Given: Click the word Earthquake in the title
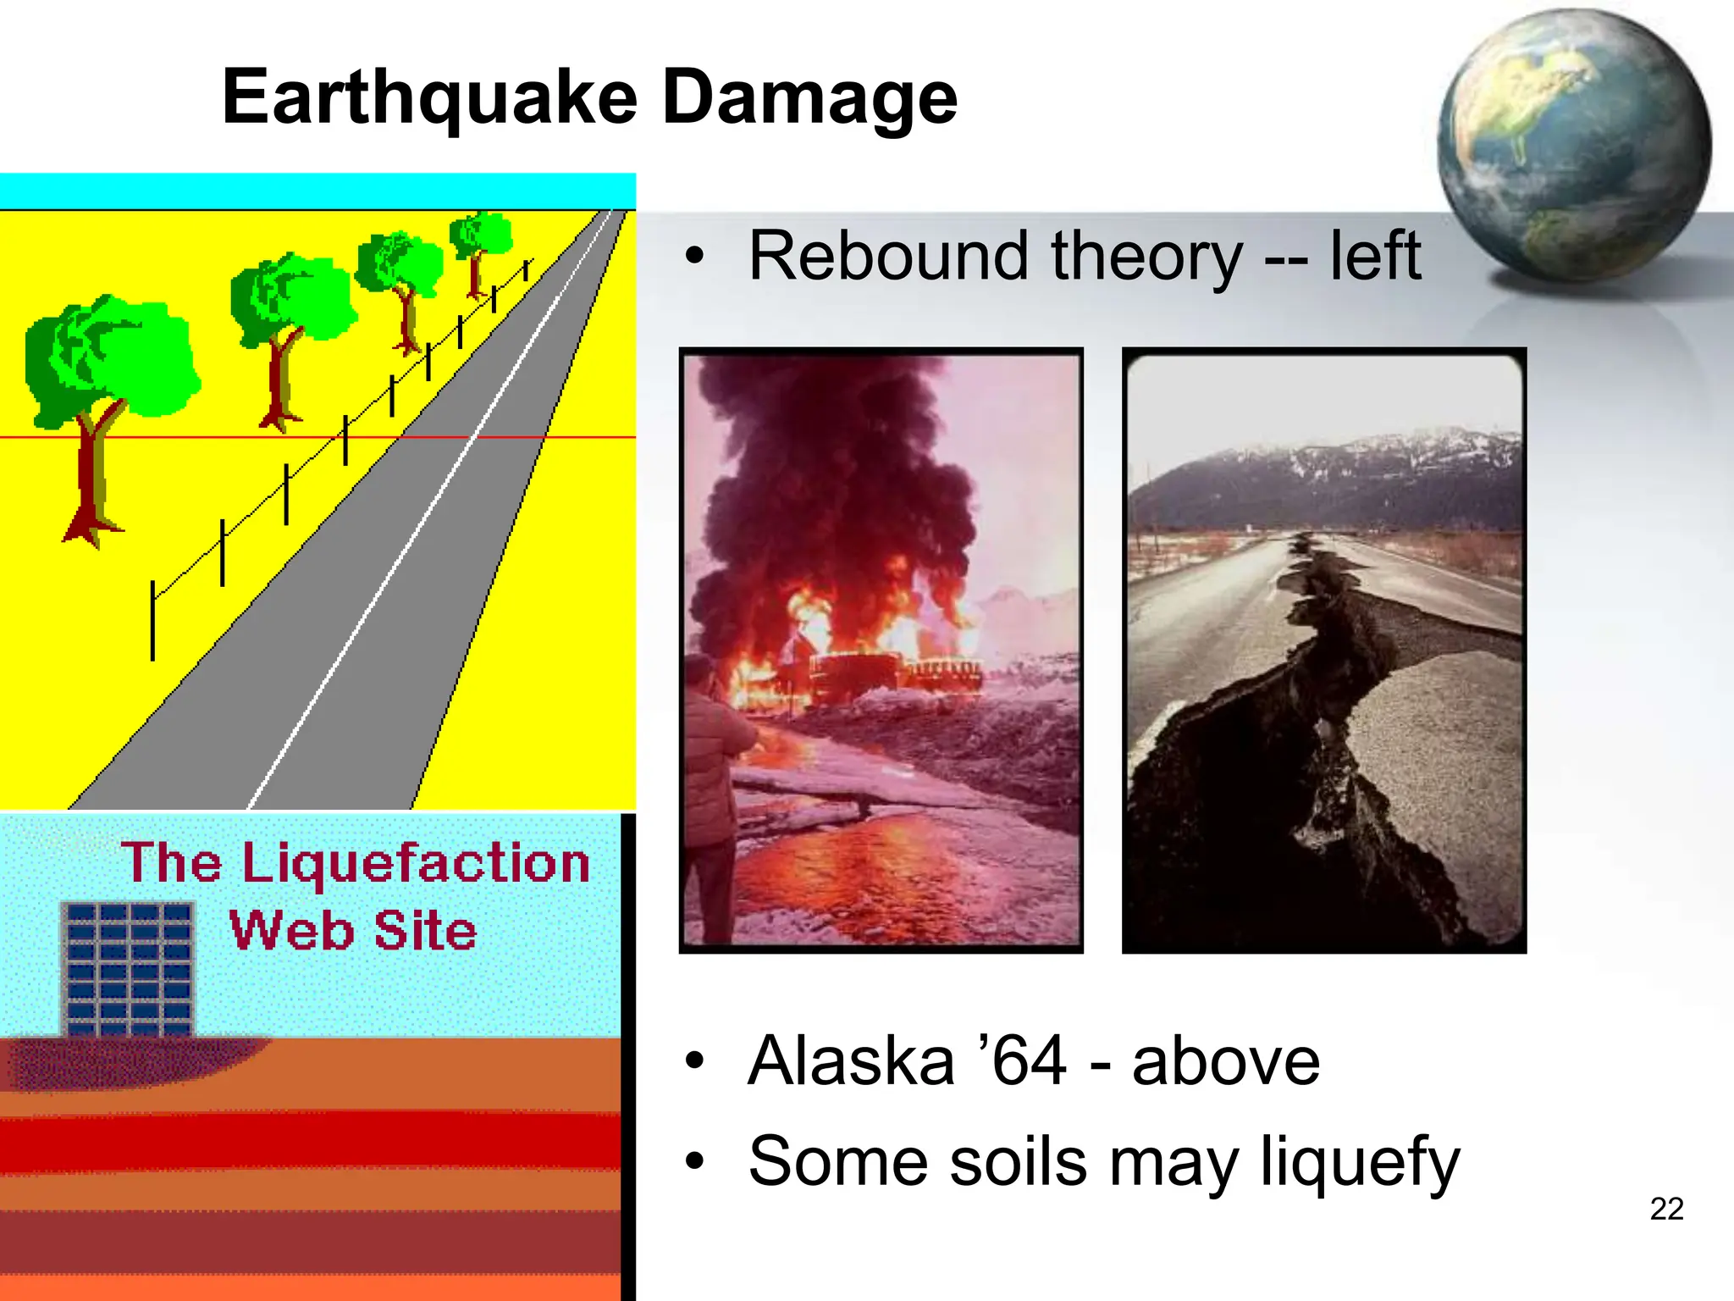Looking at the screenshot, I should coord(429,99).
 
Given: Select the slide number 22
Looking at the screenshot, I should coord(1666,1209).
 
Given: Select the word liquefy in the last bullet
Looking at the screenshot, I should coord(1359,1163).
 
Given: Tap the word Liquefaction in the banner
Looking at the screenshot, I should coord(416,863).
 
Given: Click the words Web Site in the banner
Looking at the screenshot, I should coord(353,931).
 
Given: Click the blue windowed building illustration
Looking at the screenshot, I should coord(129,969).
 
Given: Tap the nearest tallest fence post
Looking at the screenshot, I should coord(152,620).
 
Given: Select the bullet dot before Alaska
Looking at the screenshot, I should coord(695,1061).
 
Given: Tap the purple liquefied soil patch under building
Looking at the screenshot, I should coord(127,1062).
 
